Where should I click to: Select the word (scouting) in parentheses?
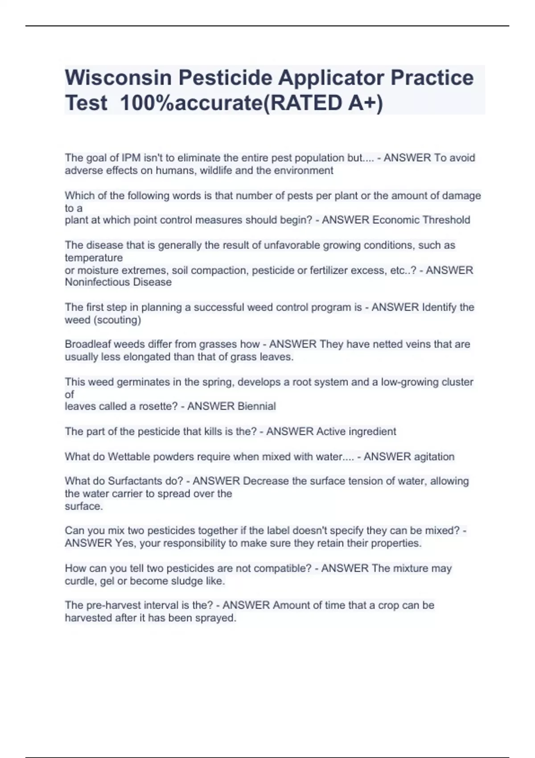pos(118,320)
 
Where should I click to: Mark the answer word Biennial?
pos(256,406)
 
